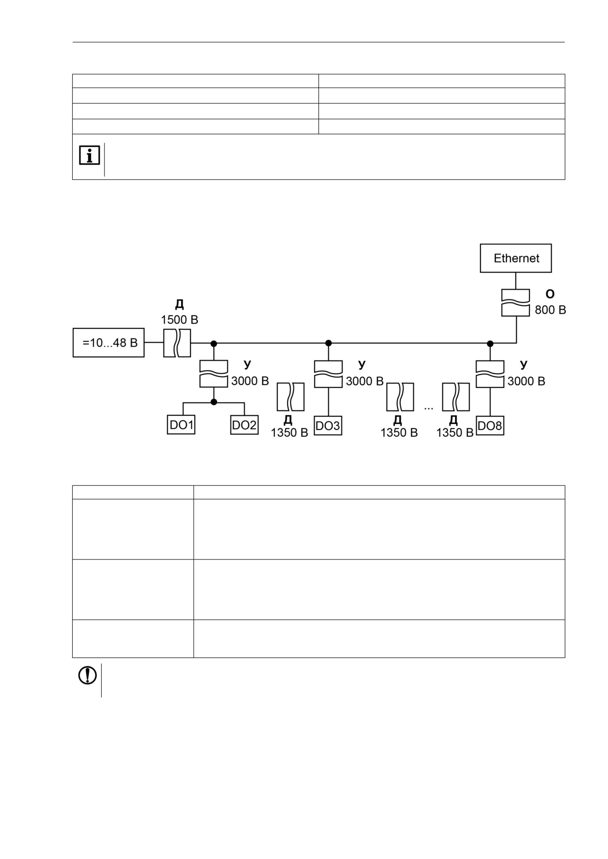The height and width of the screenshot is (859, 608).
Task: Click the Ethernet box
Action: [516, 258]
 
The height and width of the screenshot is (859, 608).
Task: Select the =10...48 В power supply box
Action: [108, 343]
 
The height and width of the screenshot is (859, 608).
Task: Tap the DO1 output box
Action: [181, 425]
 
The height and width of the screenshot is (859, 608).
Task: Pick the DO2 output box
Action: [244, 425]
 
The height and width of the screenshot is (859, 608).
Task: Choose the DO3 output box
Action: [328, 426]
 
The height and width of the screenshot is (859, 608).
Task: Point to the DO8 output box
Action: [490, 426]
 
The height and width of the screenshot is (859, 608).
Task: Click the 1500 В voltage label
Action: [180, 320]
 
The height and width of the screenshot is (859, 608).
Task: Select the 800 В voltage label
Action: [551, 310]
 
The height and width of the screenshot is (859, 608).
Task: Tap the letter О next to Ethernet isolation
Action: [550, 294]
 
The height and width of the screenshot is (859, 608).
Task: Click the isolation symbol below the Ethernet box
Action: [516, 303]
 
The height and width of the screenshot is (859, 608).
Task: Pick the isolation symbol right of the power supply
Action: [177, 343]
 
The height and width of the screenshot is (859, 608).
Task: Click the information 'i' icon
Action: [89, 155]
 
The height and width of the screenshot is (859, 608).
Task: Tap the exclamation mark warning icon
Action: [87, 676]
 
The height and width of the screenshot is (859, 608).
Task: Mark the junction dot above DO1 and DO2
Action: [213, 402]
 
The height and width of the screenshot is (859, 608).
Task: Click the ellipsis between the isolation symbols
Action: [428, 408]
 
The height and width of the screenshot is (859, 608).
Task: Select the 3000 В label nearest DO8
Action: [526, 381]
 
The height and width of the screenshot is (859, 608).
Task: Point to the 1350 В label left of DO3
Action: [290, 433]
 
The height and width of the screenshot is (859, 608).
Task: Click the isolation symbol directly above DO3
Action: [328, 374]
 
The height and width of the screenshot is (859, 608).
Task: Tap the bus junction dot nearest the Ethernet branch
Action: [490, 343]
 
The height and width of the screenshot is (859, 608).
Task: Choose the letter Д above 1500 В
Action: [180, 304]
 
